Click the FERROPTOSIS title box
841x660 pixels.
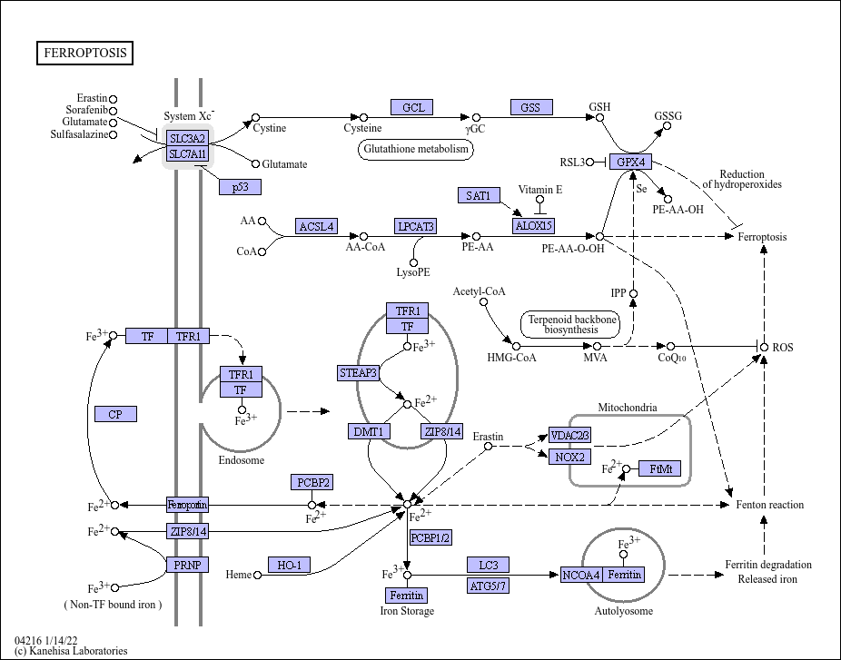point(84,53)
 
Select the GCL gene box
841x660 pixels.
point(412,107)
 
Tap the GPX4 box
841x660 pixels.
point(630,162)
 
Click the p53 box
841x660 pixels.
point(241,187)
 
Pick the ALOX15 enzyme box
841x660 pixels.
point(534,226)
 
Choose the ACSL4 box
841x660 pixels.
point(316,226)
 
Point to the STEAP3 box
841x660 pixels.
point(358,372)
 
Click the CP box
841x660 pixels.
point(115,414)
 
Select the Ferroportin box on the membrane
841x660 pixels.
point(187,505)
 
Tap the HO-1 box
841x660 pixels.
point(289,565)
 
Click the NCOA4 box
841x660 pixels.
point(581,575)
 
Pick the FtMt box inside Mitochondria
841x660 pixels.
point(660,468)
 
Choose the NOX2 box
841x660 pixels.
point(569,457)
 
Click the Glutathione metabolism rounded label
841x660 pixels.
point(416,149)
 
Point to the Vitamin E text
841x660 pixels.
point(540,189)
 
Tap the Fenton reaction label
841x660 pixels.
point(769,505)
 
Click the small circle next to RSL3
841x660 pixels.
point(590,162)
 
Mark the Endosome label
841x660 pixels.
point(242,460)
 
